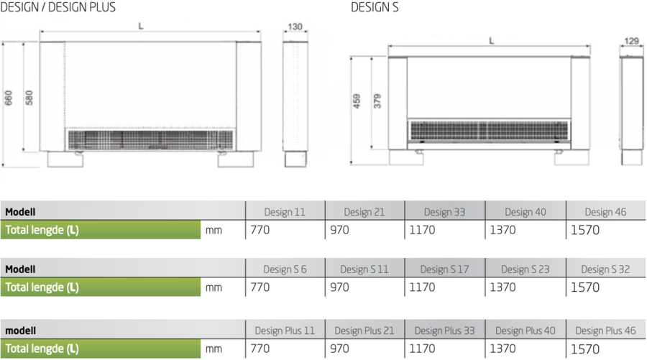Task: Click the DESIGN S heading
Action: [x=375, y=7]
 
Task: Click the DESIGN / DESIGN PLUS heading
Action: [x=58, y=7]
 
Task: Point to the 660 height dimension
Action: [x=8, y=98]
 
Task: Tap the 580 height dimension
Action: [x=29, y=98]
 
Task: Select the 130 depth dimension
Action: [x=295, y=27]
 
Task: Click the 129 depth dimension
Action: [x=631, y=41]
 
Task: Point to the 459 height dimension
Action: [x=357, y=101]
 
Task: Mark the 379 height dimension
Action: [x=377, y=101]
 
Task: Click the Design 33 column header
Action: [x=444, y=212]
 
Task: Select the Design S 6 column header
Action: [x=285, y=269]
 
